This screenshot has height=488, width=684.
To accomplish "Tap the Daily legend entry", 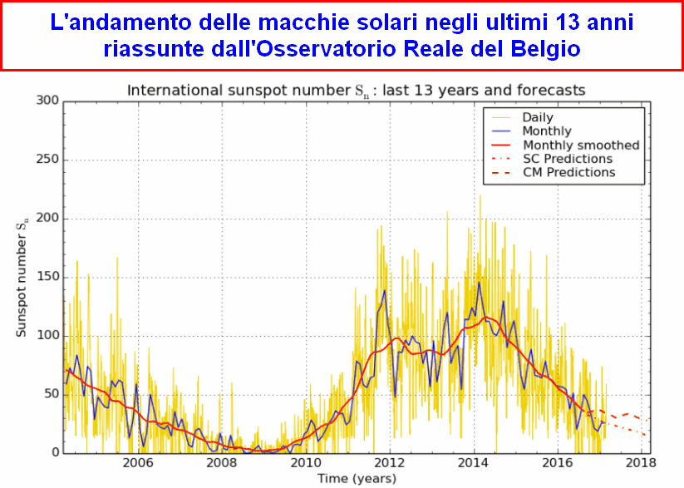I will pyautogui.click(x=537, y=117).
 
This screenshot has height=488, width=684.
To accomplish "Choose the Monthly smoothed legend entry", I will pyautogui.click(x=580, y=145).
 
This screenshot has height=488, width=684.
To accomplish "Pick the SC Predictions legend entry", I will pyautogui.click(x=567, y=158).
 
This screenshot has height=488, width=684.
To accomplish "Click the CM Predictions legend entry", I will pyautogui.click(x=568, y=172).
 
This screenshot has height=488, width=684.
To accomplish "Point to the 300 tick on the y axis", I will pyautogui.click(x=49, y=101).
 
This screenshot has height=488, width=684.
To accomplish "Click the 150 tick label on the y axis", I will pyautogui.click(x=49, y=277).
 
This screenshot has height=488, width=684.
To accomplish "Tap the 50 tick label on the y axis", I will pyautogui.click(x=52, y=394).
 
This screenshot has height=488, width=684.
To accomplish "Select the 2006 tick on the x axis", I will pyautogui.click(x=137, y=463).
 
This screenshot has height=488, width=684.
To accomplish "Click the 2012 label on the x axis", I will pyautogui.click(x=390, y=463).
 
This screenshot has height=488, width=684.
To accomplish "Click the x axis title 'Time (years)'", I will pyautogui.click(x=357, y=478).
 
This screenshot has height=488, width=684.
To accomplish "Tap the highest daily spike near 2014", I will pyautogui.click(x=480, y=196).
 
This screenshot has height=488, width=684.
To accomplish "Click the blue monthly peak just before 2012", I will pyautogui.click(x=384, y=290).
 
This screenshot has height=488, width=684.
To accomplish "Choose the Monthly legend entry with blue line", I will pyautogui.click(x=546, y=131).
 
